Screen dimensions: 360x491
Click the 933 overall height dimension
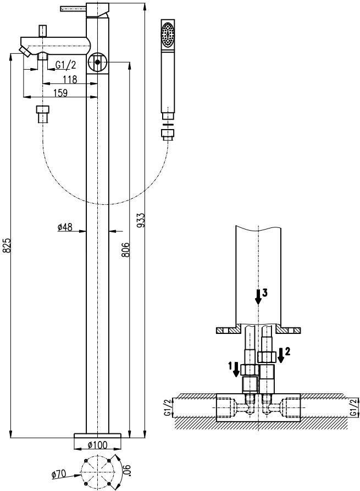click(x=141, y=220)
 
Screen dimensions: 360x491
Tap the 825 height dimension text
click(x=7, y=245)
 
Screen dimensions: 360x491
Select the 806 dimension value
click(x=125, y=249)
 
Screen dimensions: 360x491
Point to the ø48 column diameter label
click(x=65, y=227)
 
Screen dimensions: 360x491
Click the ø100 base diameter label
click(x=97, y=445)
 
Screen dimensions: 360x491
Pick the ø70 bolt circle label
click(x=59, y=474)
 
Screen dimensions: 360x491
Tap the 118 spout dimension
click(x=70, y=80)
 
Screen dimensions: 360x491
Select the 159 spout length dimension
click(x=60, y=93)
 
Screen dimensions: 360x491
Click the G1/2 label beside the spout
click(x=66, y=65)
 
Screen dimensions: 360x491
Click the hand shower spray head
click(x=168, y=35)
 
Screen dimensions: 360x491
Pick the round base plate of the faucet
click(x=97, y=436)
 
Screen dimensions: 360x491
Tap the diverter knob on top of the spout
click(x=42, y=31)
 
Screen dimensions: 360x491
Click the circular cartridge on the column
click(x=97, y=62)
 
